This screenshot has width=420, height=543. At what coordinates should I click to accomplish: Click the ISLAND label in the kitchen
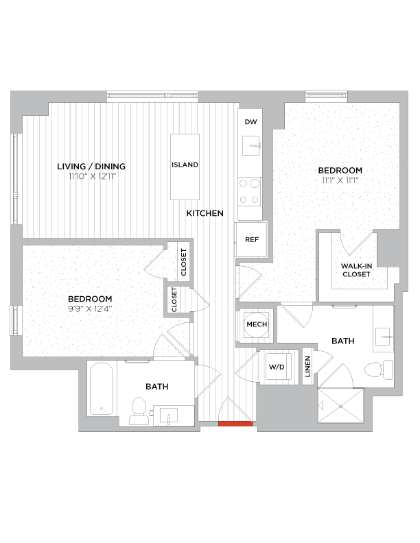(x=185, y=165)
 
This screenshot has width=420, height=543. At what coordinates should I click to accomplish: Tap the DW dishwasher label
(x=250, y=121)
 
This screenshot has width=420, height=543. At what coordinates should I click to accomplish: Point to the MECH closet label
(x=257, y=325)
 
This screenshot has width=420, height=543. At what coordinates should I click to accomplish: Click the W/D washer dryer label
(x=276, y=367)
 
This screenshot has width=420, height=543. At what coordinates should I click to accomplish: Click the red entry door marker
(x=235, y=424)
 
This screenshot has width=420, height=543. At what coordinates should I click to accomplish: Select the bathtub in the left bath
(x=102, y=389)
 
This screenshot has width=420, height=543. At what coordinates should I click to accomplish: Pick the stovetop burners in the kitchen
(x=250, y=191)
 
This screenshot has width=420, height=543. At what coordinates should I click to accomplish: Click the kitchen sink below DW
(x=250, y=145)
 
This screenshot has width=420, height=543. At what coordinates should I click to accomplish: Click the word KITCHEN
(x=205, y=214)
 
